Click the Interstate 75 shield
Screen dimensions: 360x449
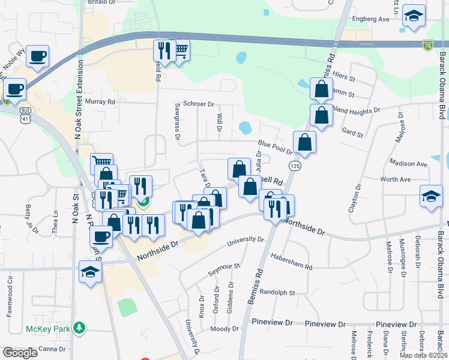point(427,45)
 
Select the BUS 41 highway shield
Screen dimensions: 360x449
point(25,115)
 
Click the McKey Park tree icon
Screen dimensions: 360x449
point(79,328)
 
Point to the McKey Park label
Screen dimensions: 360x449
point(48,329)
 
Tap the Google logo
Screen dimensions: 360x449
point(20,353)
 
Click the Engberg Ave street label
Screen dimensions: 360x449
point(370,19)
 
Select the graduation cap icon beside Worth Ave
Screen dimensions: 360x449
point(431,196)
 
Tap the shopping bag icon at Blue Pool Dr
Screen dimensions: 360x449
point(305,142)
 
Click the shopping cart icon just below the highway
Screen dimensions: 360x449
point(179,50)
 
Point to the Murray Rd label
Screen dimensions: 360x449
point(100,102)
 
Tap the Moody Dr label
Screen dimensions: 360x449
point(224,329)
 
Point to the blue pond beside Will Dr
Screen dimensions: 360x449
point(245,128)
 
